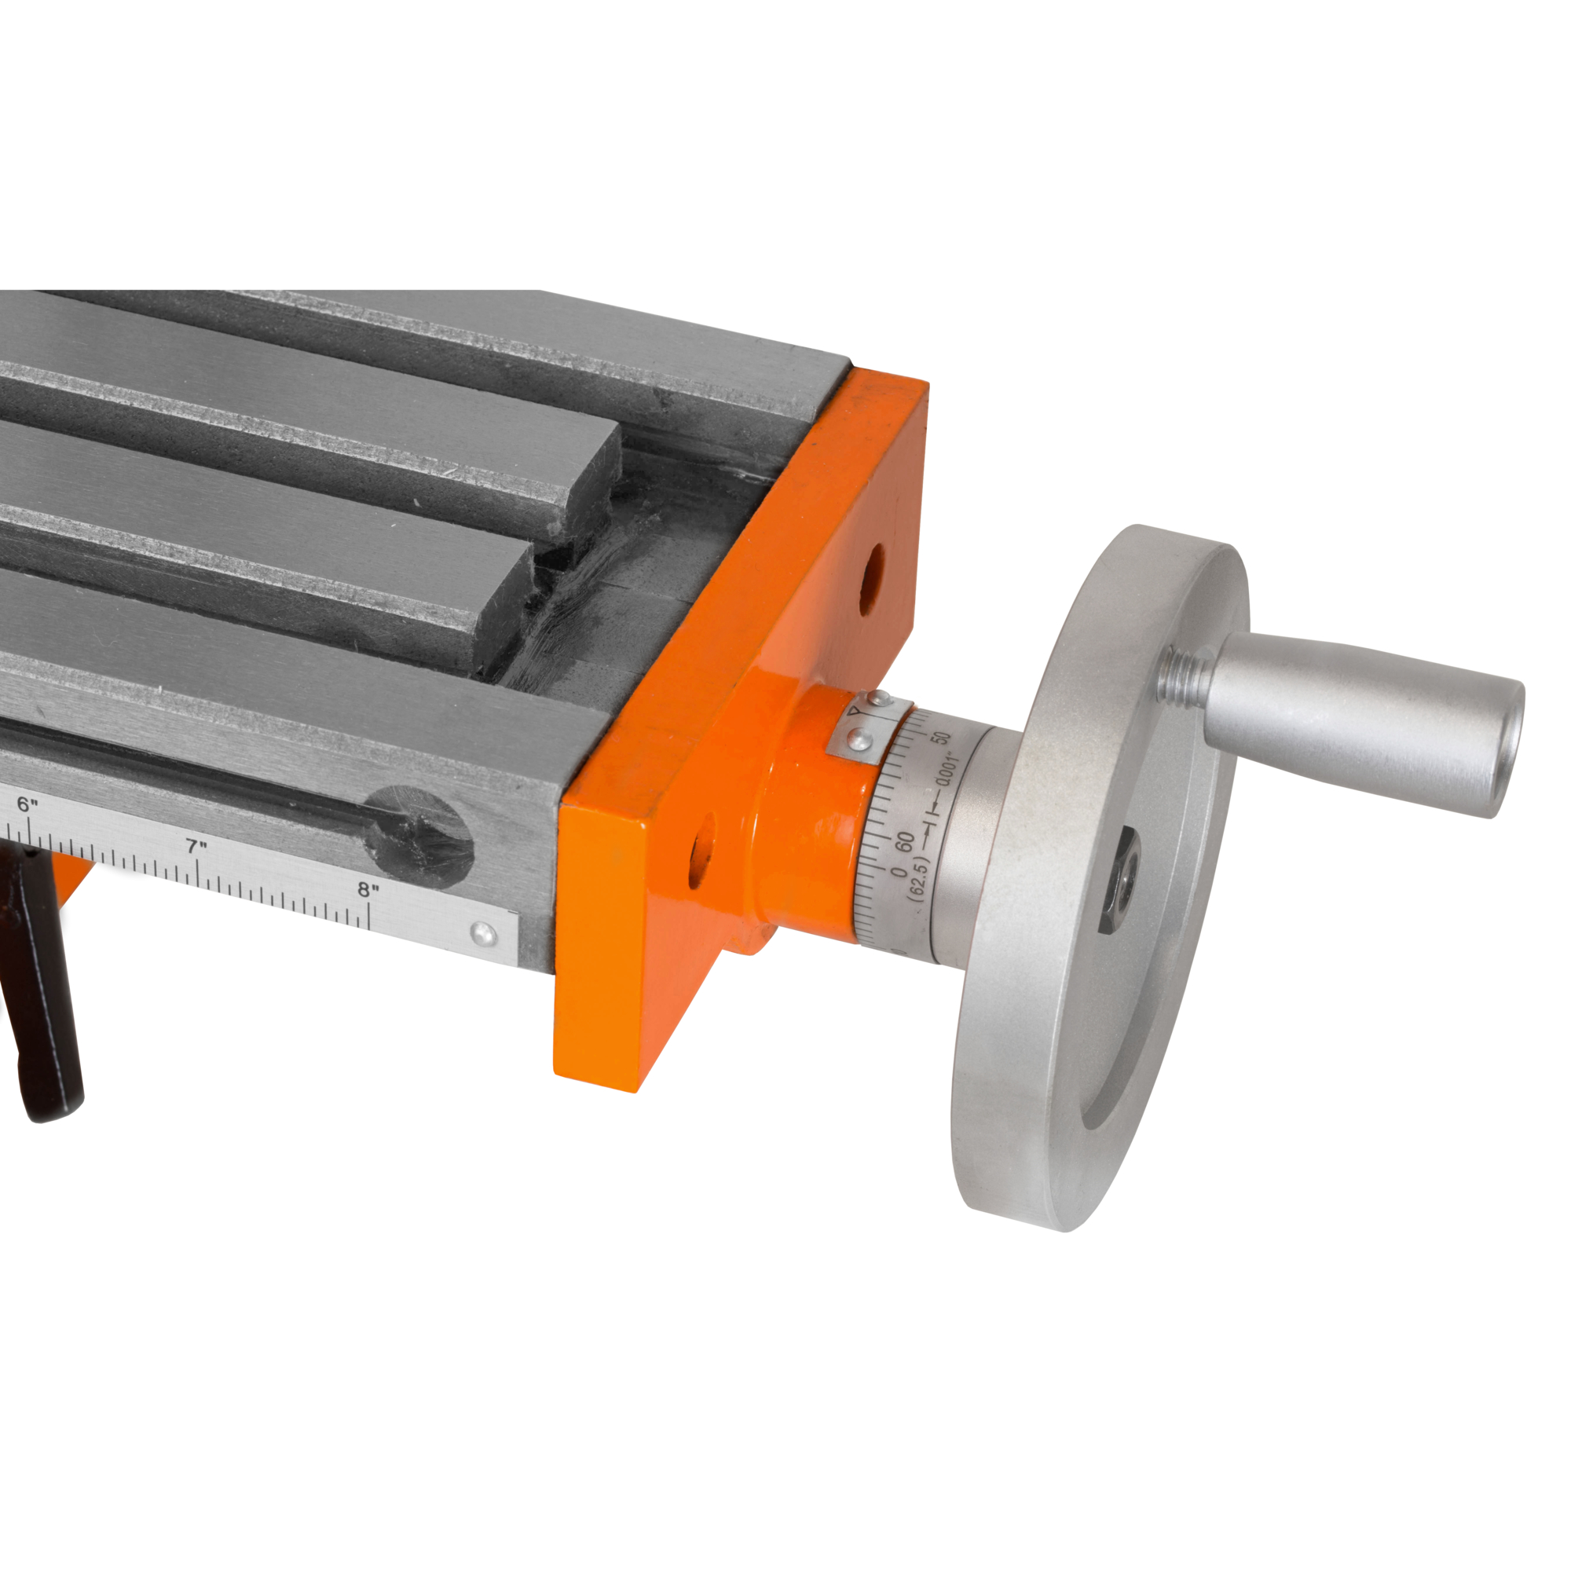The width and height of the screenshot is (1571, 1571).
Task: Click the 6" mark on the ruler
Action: tap(27, 805)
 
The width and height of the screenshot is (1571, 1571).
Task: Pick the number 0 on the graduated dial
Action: tap(898, 873)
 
